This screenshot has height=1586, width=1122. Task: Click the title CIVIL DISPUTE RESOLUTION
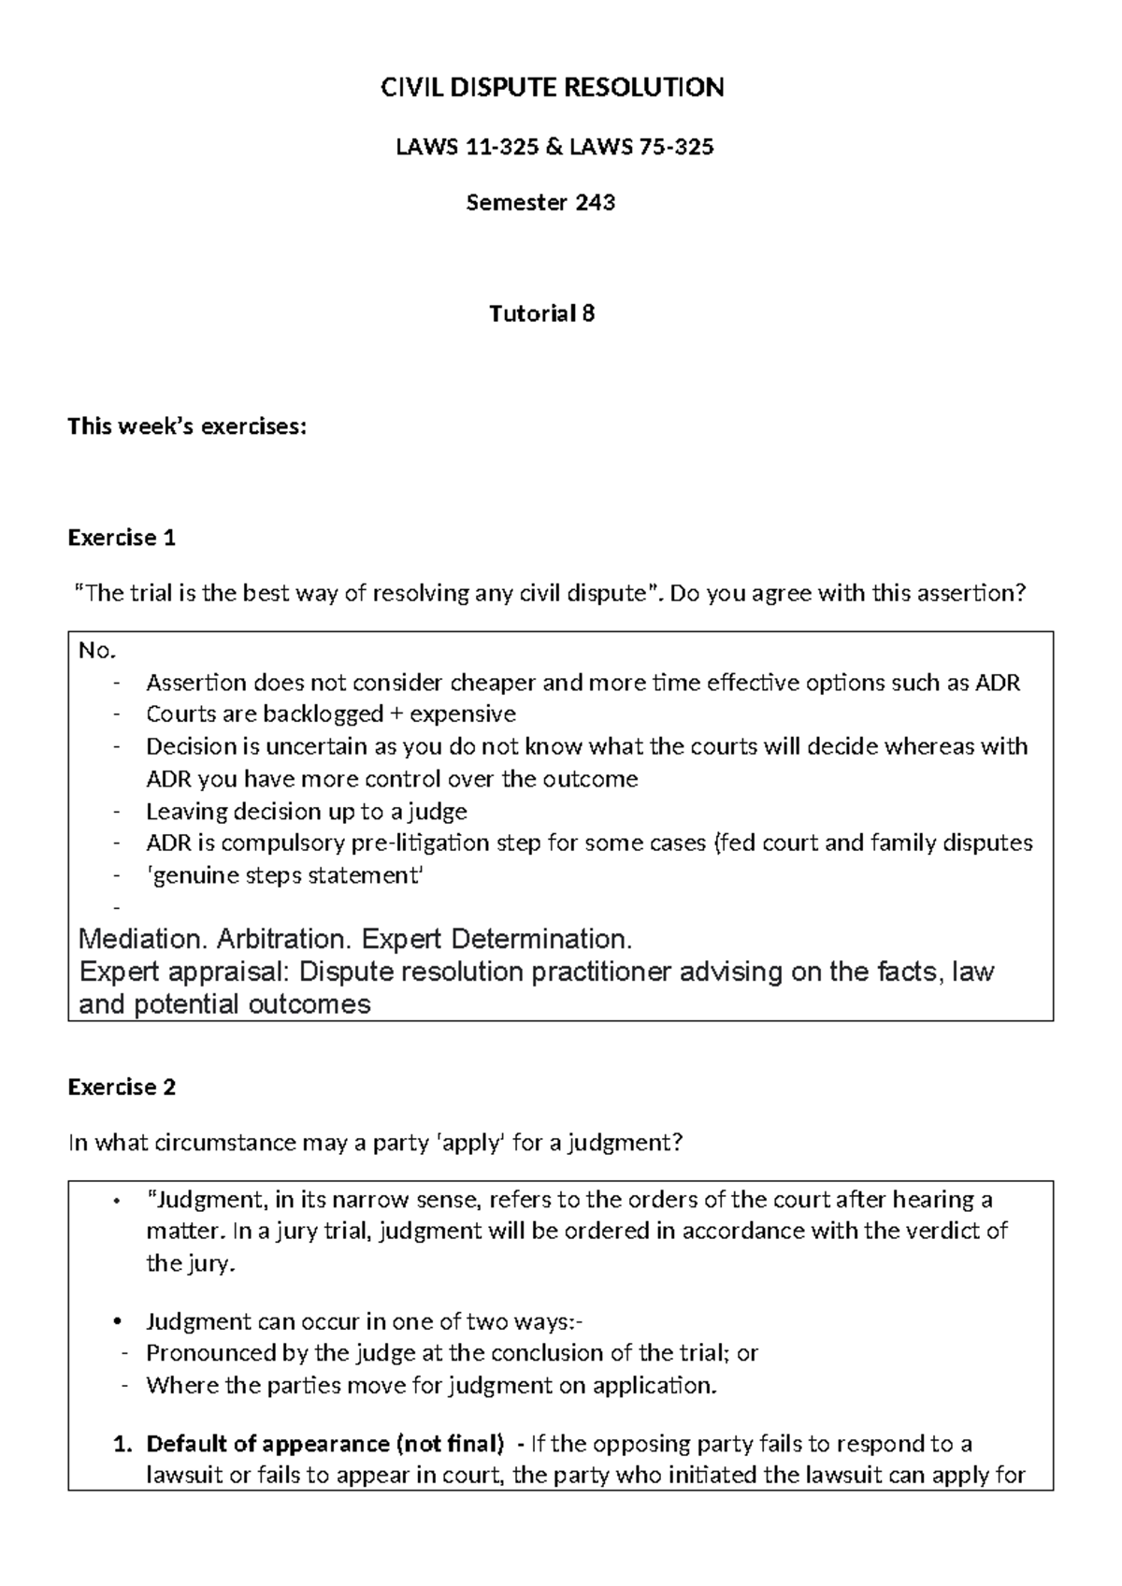pos(551,88)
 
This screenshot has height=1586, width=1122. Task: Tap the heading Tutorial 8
pos(541,313)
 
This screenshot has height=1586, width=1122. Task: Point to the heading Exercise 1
pos(122,538)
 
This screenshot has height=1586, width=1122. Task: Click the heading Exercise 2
pos(122,1087)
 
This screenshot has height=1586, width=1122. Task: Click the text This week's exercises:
pos(186,427)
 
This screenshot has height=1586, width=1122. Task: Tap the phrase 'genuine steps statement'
pos(284,875)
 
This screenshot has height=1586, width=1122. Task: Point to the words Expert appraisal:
pos(184,972)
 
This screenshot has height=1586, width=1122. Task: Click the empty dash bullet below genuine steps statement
pos(116,907)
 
